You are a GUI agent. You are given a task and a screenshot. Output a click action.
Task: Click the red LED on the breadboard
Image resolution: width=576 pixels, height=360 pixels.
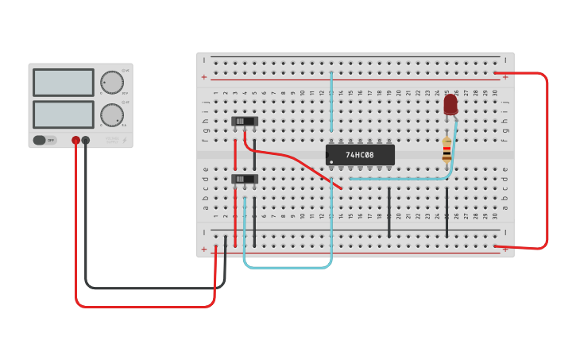pos(450,104)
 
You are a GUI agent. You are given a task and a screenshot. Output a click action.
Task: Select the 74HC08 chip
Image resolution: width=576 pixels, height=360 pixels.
pos(360,155)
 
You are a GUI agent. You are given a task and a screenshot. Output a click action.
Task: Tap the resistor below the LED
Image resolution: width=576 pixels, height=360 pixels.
pos(446,149)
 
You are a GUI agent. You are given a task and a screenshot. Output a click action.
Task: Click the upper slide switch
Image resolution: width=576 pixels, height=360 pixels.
pos(245,122)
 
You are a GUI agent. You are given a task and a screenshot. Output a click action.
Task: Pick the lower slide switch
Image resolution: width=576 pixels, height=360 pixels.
pos(245,179)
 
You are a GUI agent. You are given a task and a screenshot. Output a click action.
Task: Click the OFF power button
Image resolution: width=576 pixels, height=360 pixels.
pos(45,140)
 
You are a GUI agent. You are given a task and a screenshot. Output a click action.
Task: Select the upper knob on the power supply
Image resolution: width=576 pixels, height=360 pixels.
pos(112,83)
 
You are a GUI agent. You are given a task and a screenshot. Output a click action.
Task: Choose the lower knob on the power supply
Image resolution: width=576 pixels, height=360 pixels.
pos(112,115)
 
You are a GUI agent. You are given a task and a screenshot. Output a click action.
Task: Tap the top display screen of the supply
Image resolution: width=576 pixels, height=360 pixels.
pos(64,83)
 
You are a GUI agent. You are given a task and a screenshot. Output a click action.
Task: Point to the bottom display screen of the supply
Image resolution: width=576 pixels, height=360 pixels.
pos(64,114)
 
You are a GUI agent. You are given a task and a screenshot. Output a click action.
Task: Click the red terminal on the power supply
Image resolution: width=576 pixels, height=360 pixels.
pos(75,141)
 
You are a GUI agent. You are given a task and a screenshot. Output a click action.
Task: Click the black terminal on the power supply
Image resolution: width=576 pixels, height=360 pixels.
pos(86,141)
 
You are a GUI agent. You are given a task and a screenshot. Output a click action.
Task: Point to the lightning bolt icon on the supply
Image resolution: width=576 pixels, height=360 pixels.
pos(124,141)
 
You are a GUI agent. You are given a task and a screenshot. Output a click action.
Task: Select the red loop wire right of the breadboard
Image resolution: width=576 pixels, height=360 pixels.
pos(547,159)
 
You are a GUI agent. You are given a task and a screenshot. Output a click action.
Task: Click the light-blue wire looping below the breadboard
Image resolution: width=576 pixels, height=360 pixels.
pos(286,267)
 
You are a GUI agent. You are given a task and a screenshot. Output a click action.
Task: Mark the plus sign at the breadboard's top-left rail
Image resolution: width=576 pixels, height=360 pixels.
pos(204,77)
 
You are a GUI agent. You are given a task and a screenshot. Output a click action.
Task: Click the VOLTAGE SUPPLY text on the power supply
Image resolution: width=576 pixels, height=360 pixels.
pos(112,141)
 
